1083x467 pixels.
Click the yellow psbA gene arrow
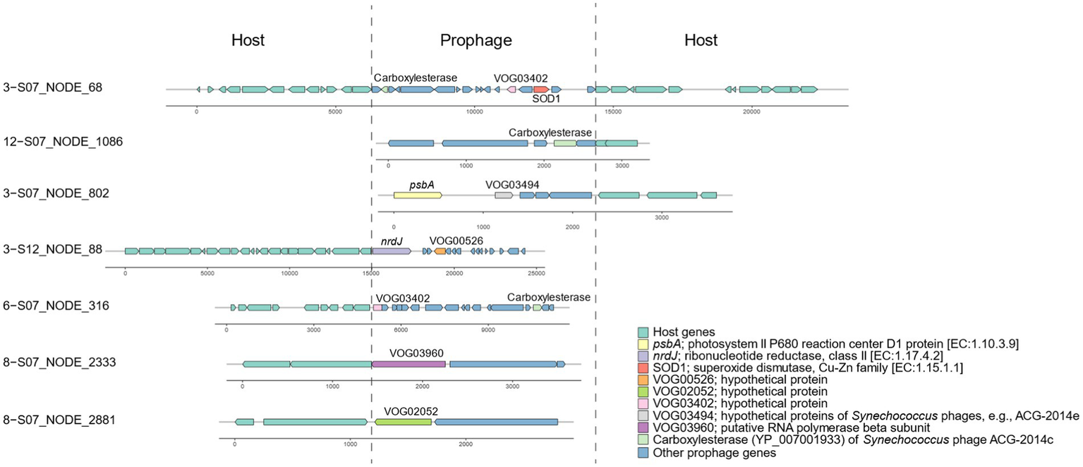click(x=417, y=195)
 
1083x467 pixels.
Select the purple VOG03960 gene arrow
click(x=409, y=364)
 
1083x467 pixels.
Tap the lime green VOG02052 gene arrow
click(x=403, y=421)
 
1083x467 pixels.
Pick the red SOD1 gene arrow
click(x=541, y=90)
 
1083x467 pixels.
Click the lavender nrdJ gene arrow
click(x=392, y=251)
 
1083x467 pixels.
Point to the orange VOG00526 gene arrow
click(x=440, y=251)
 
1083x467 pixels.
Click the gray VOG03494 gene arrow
click(x=504, y=195)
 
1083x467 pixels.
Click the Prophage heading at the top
click(x=476, y=41)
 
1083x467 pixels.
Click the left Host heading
click(x=248, y=41)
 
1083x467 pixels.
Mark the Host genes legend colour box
click(x=643, y=332)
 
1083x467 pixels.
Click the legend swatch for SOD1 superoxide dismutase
click(x=643, y=368)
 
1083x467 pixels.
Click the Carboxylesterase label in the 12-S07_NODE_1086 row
click(x=550, y=133)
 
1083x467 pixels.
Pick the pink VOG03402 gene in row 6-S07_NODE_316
click(x=377, y=308)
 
